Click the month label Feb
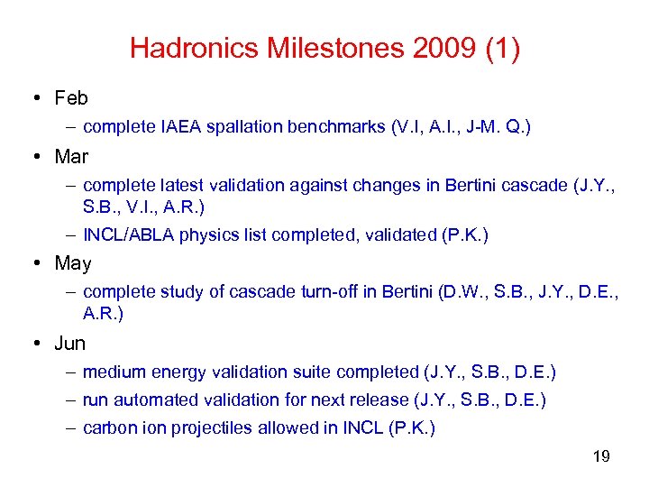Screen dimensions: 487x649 (x=71, y=98)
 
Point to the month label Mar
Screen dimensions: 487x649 (x=71, y=157)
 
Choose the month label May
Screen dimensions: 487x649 (x=73, y=263)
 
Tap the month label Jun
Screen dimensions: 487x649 (x=70, y=343)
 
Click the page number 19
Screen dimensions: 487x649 (x=601, y=456)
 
